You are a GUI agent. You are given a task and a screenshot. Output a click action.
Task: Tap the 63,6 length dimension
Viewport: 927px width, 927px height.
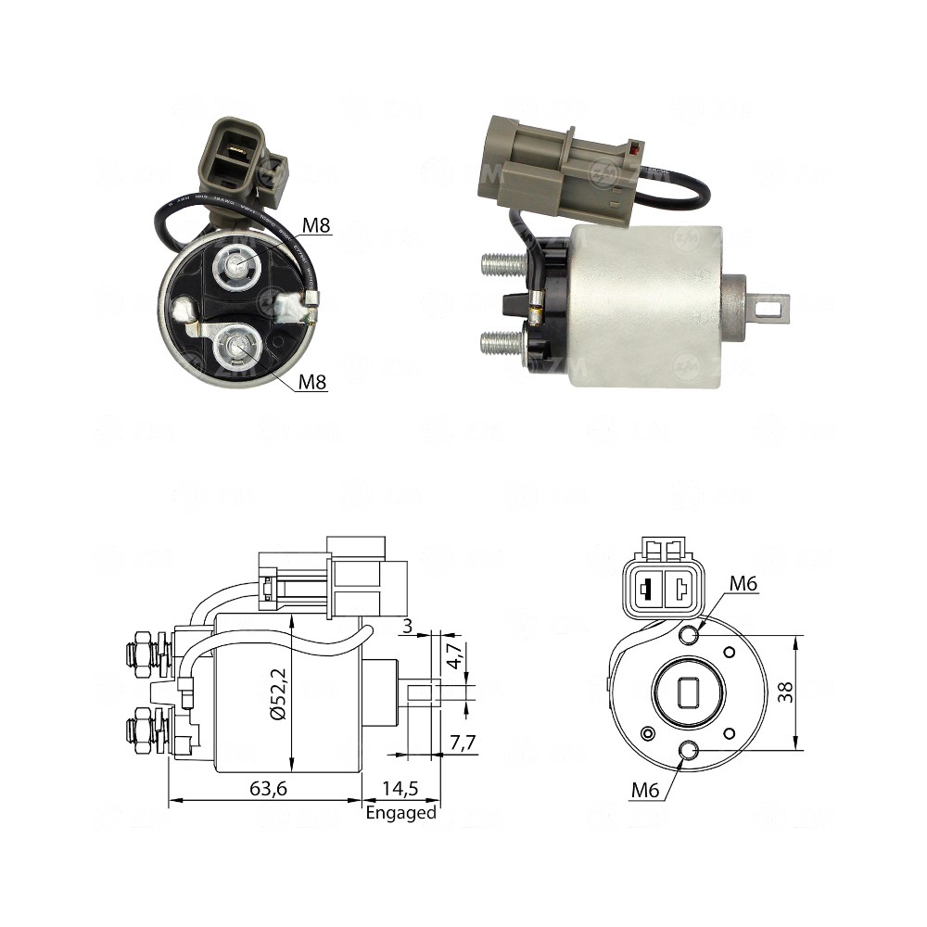point(266,789)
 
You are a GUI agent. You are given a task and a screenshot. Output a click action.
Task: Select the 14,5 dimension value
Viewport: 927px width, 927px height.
point(400,789)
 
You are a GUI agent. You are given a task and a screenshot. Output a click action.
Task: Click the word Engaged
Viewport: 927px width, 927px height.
point(400,813)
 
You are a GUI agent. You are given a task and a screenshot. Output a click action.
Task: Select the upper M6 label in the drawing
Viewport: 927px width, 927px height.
point(743,583)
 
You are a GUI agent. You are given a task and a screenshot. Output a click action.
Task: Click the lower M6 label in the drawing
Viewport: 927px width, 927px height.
point(646,790)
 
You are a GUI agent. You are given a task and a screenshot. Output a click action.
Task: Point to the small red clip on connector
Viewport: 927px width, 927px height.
point(635,147)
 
